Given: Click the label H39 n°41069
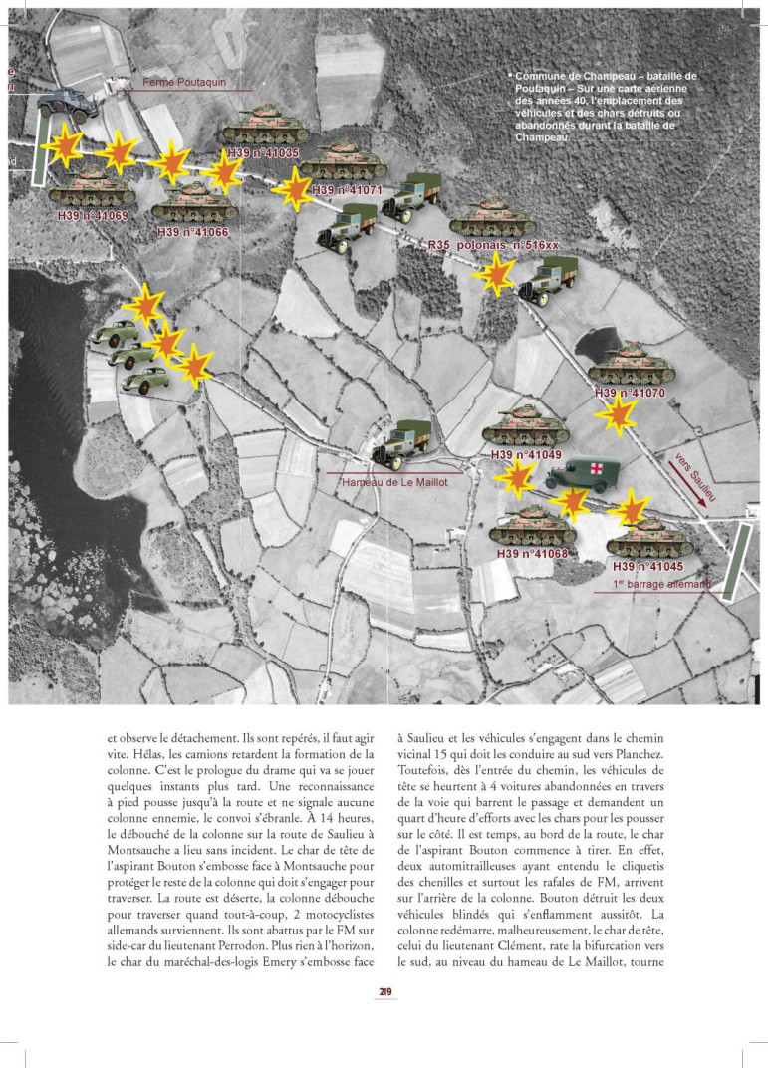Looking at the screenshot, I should (x=90, y=215).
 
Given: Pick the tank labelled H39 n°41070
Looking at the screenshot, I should (x=632, y=366).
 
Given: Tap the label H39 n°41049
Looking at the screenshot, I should (x=527, y=455).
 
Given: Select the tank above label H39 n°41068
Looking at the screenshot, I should (x=532, y=525).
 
